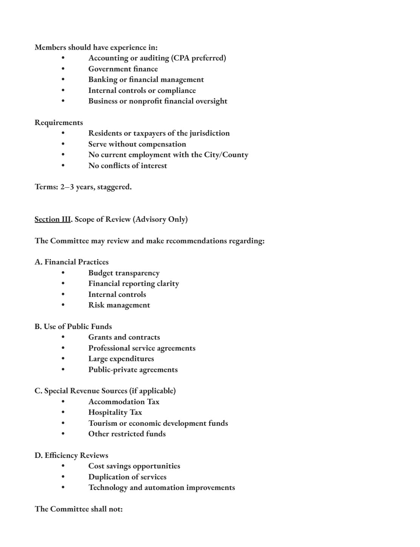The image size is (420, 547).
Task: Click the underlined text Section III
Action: coord(52,219)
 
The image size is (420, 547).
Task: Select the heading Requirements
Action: coord(59,123)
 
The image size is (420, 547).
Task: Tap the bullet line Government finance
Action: coord(123,69)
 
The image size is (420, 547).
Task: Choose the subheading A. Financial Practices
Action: coord(71,262)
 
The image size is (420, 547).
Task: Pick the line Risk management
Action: coord(119,305)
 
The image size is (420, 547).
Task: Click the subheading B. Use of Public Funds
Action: coord(73,326)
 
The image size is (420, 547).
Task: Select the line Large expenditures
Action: coord(121,359)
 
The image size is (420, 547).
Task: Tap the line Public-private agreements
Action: coord(133,369)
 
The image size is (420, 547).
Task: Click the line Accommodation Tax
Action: coord(124,402)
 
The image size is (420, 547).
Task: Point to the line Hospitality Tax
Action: coord(115,413)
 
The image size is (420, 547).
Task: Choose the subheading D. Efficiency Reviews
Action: coord(71,456)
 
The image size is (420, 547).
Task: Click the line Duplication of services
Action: coord(127,477)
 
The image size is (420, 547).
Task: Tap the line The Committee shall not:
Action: coord(79,509)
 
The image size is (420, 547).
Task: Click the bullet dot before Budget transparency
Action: coord(63,273)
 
